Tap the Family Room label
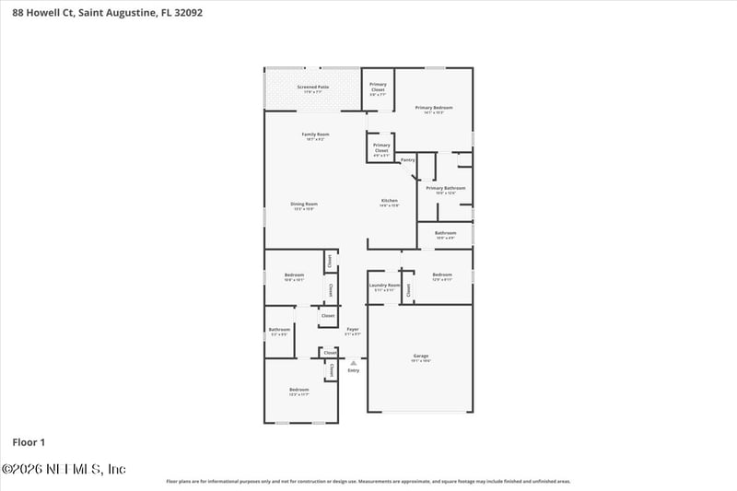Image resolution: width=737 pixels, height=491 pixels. click(316, 134)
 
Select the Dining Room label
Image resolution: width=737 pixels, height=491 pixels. click(304, 204)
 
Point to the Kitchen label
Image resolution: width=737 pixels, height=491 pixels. click(390, 201)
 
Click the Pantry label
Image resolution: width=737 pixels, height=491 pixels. click(407, 159)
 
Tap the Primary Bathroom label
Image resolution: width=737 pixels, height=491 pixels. click(446, 189)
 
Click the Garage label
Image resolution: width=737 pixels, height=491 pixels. click(420, 357)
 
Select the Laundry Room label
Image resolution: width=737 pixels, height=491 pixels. click(384, 286)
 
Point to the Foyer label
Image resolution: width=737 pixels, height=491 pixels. click(353, 329)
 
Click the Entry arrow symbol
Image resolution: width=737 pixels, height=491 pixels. click(353, 363)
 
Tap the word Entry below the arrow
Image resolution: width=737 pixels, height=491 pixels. click(353, 370)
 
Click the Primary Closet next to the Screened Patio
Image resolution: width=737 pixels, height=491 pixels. click(378, 87)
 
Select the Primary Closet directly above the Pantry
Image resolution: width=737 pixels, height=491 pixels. click(381, 148)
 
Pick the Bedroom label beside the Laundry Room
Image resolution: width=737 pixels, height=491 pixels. click(442, 275)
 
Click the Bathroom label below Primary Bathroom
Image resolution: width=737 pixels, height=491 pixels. click(446, 234)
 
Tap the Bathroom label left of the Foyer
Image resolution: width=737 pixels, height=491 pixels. click(279, 330)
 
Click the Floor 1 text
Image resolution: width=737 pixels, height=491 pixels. click(29, 443)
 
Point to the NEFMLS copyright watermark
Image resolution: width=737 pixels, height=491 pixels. click(64, 469)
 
